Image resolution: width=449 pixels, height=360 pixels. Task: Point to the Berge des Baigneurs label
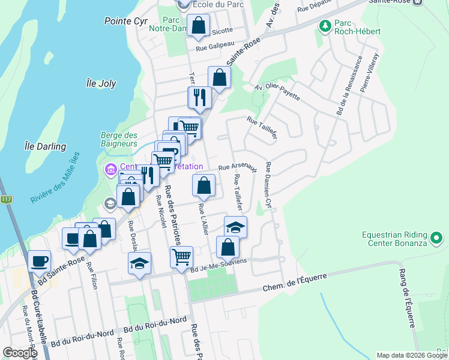tap(119, 140)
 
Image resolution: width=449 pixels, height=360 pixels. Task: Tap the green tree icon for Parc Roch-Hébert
tap(325, 26)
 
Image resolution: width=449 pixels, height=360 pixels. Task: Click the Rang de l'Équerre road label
tap(406, 298)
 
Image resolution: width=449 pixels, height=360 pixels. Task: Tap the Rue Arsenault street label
tap(238, 168)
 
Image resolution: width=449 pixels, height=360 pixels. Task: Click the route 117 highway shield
tap(6, 199)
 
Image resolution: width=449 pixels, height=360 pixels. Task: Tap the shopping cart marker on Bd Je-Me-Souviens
tap(181, 257)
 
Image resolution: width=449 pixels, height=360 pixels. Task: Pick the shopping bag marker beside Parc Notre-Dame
tap(198, 25)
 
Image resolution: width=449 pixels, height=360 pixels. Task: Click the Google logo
tap(20, 353)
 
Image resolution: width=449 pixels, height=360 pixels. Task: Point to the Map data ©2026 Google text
tap(411, 355)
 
